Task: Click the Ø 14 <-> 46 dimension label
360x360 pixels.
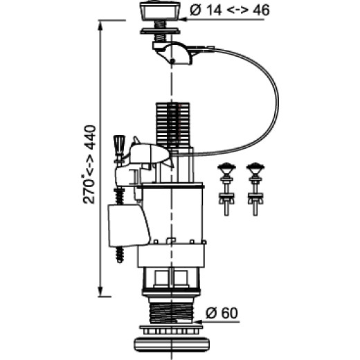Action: click(230, 10)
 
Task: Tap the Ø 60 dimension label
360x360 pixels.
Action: click(222, 313)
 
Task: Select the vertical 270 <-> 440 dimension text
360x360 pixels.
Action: click(89, 164)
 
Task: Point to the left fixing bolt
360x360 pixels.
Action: click(226, 189)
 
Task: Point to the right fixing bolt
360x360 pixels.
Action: click(255, 189)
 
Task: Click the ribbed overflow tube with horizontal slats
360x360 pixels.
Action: click(173, 125)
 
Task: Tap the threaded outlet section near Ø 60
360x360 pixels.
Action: click(171, 314)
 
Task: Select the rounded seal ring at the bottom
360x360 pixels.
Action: click(172, 345)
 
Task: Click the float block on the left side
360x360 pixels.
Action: click(128, 225)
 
